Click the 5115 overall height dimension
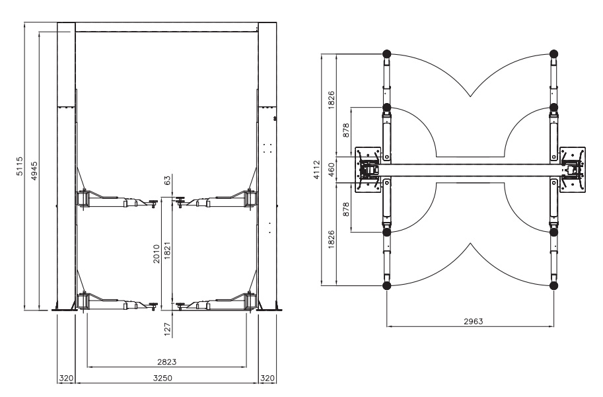tap(19, 166)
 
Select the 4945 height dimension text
tap(34, 171)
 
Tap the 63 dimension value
tap(167, 180)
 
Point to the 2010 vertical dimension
tap(157, 254)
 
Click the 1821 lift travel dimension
tap(167, 250)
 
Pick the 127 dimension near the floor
tap(167, 330)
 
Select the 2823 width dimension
tap(167, 361)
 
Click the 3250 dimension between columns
tap(162, 378)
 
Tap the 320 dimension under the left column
tap(66, 378)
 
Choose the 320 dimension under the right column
tap(267, 378)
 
